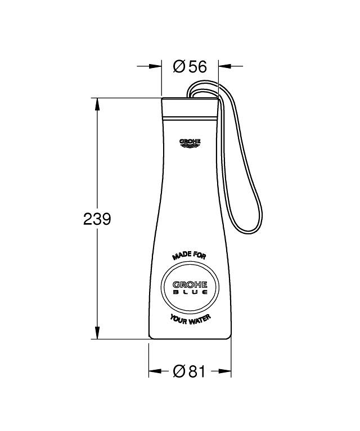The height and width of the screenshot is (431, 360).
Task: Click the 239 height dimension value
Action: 97,219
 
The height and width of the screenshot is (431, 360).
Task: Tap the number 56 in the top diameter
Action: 197,66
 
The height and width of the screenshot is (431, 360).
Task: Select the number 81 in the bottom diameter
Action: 197,371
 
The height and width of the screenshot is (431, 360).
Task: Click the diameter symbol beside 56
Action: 179,66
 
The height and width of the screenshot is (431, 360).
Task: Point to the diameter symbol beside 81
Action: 179,371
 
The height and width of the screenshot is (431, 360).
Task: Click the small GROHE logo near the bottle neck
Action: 190,143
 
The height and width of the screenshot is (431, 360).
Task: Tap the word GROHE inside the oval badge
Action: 190,285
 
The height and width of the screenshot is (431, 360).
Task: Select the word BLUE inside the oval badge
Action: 190,292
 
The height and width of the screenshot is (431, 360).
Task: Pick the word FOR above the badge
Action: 199,255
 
